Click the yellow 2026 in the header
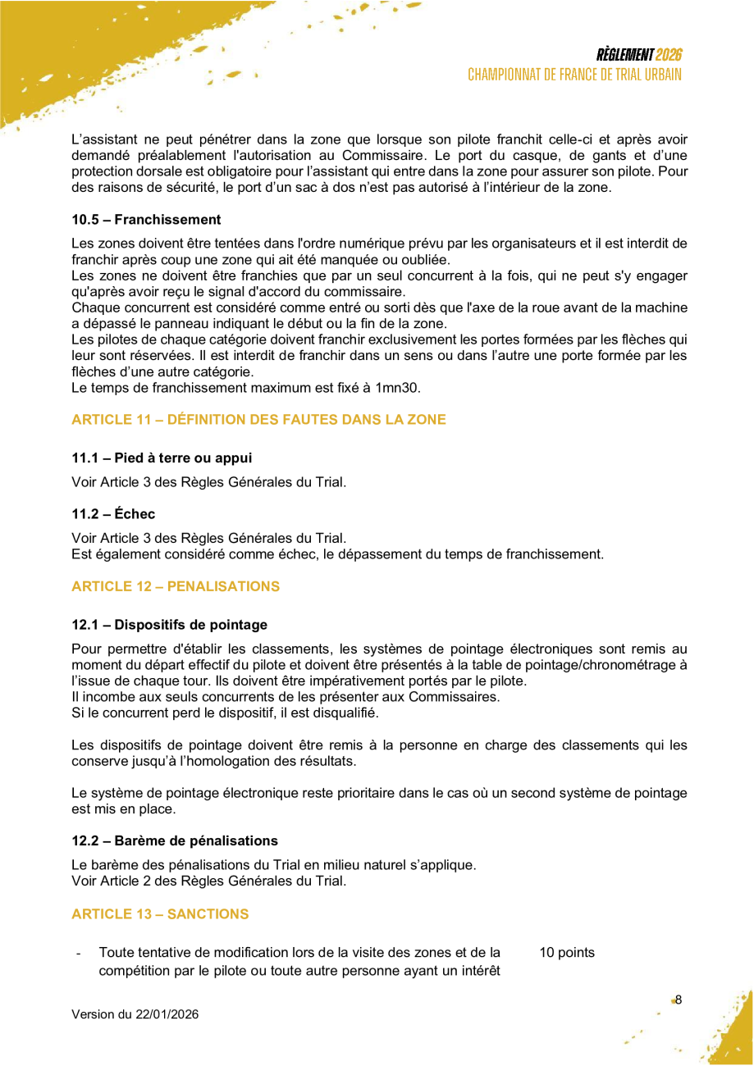[x=669, y=56]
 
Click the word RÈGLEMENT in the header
[x=625, y=56]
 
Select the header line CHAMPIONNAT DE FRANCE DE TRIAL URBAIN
[x=574, y=75]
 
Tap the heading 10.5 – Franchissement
[x=146, y=220]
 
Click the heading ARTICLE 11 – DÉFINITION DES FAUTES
[x=258, y=420]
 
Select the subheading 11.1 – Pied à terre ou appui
[x=162, y=458]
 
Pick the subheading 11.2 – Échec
[x=113, y=514]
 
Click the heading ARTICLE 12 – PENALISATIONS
[x=176, y=586]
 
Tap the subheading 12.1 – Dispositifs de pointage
[x=169, y=625]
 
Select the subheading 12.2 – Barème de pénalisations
[x=175, y=840]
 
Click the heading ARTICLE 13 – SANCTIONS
[x=160, y=913]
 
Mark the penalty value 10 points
[x=567, y=953]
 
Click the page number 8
[x=679, y=1000]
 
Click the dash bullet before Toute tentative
[x=77, y=954]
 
